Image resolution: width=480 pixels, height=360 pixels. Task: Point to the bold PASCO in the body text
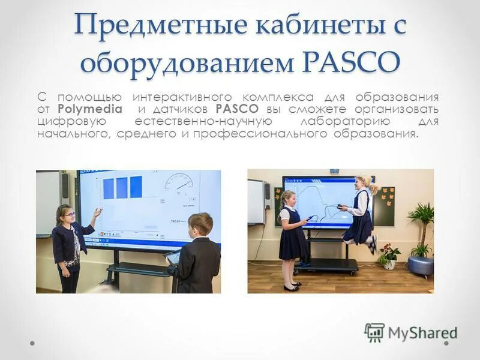(236, 109)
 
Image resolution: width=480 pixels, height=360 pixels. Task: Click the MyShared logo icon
(374, 332)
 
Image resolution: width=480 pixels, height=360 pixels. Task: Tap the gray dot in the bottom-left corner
(32, 344)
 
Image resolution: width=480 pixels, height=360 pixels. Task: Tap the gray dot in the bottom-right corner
(447, 344)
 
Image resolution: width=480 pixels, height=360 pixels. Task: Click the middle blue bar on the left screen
(122, 187)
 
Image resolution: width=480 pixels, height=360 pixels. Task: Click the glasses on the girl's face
(68, 214)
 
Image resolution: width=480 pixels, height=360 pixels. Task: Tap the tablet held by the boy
(172, 257)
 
